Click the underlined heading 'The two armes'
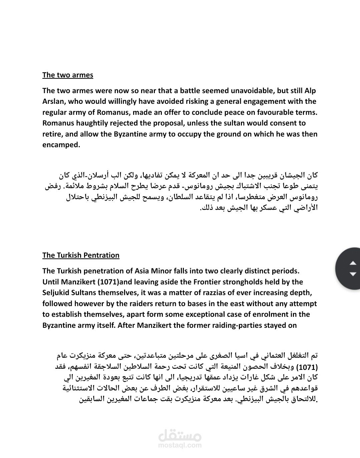click(x=68, y=75)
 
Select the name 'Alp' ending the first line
click(x=310, y=90)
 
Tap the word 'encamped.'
click(x=61, y=145)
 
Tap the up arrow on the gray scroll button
click(x=353, y=263)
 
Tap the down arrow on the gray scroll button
click(x=353, y=274)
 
